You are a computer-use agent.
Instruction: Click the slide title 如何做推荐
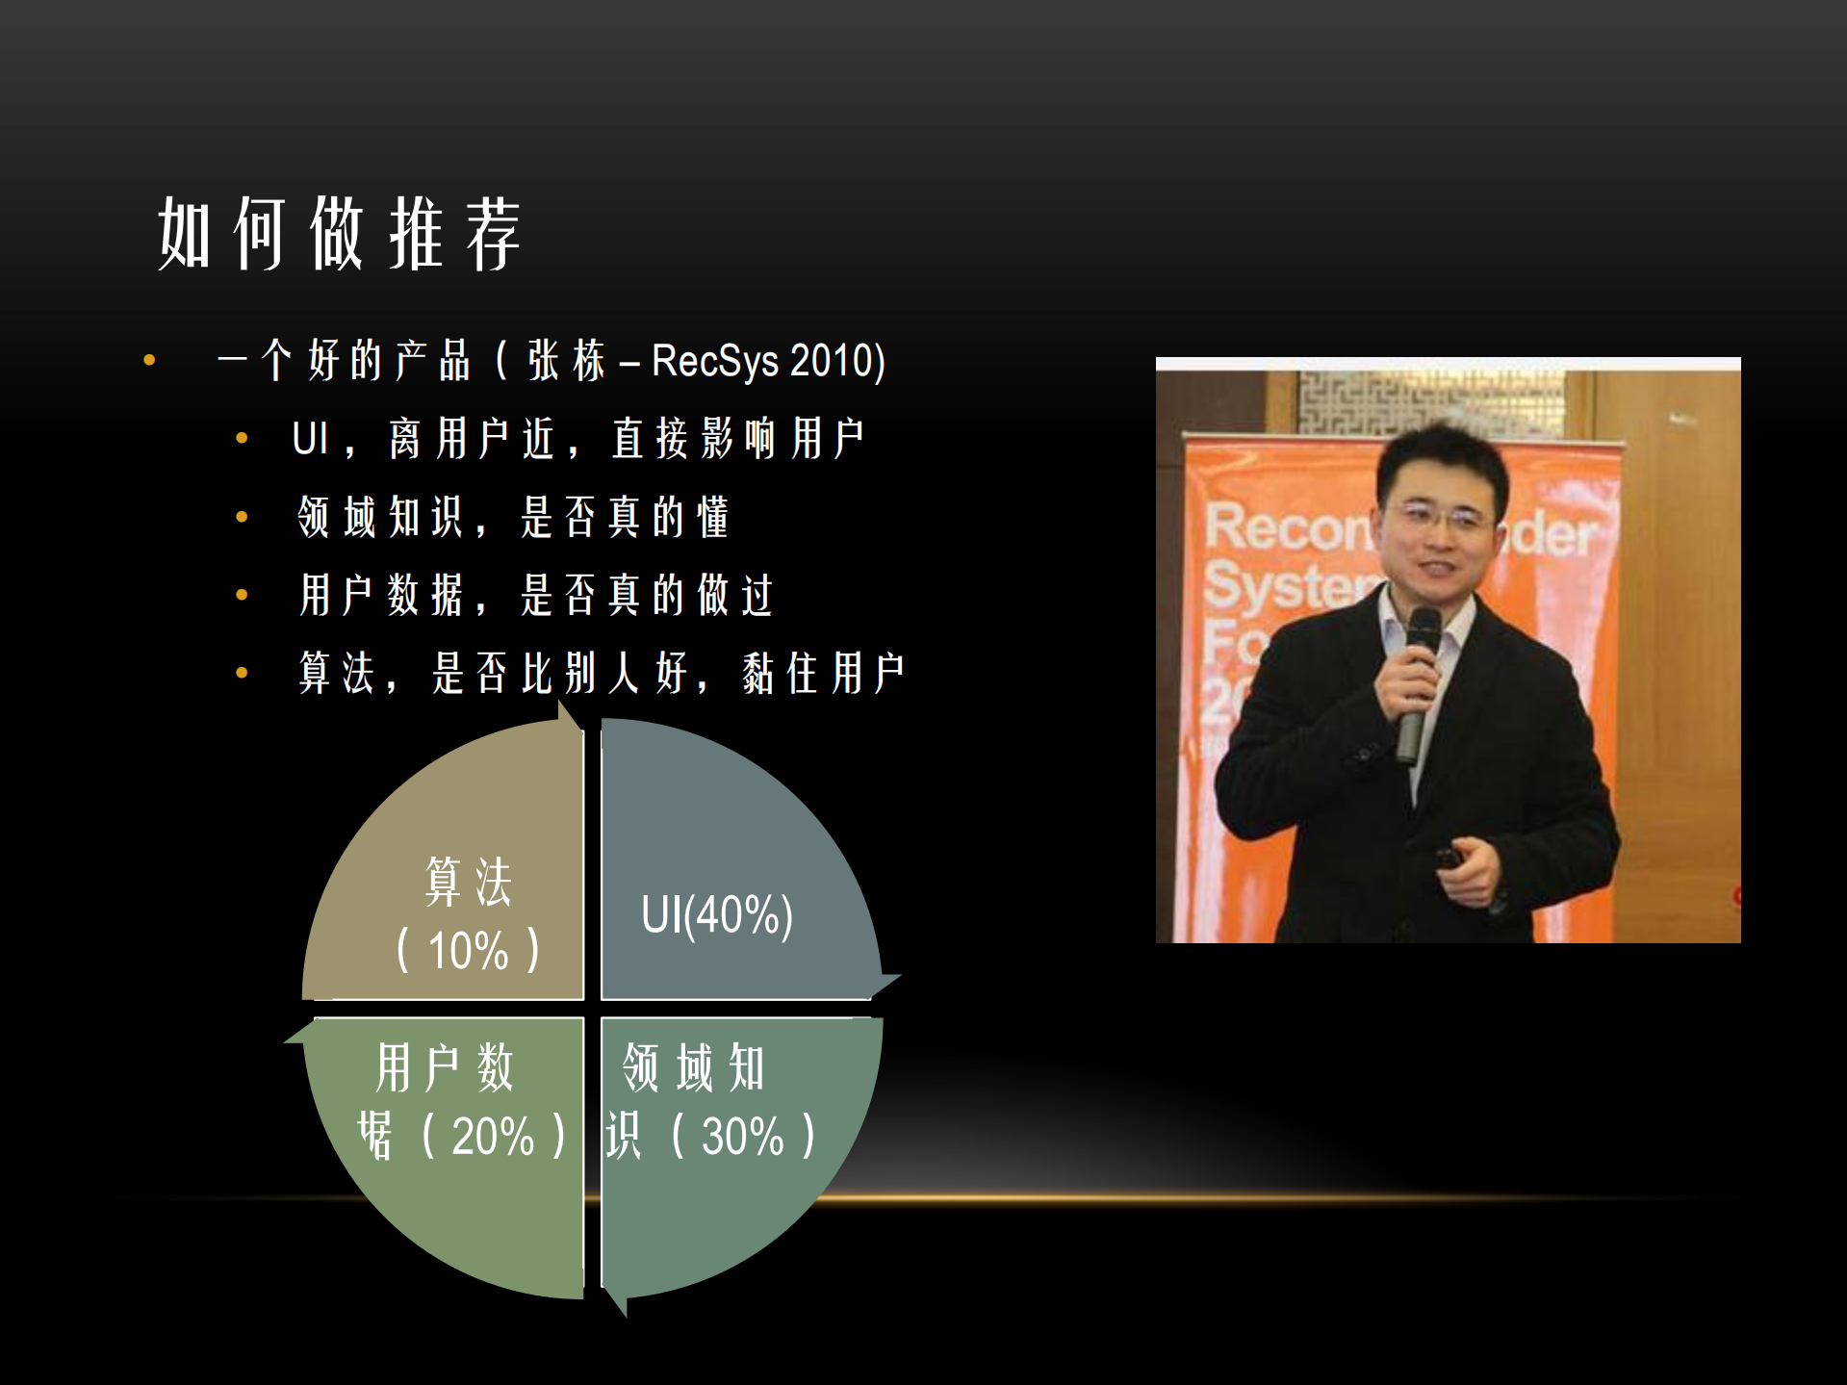[339, 234]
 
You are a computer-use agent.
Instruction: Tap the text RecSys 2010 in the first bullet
[767, 361]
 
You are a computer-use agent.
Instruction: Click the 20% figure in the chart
[493, 1137]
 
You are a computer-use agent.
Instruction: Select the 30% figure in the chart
[742, 1137]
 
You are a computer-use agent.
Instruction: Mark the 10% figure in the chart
[468, 951]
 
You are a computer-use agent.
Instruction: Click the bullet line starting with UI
[577, 439]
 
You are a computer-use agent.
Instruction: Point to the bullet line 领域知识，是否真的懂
[513, 517]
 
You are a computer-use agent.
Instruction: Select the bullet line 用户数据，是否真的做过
[536, 595]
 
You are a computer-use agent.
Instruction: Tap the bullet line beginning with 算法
[602, 673]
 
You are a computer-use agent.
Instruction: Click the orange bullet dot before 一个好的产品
[149, 361]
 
